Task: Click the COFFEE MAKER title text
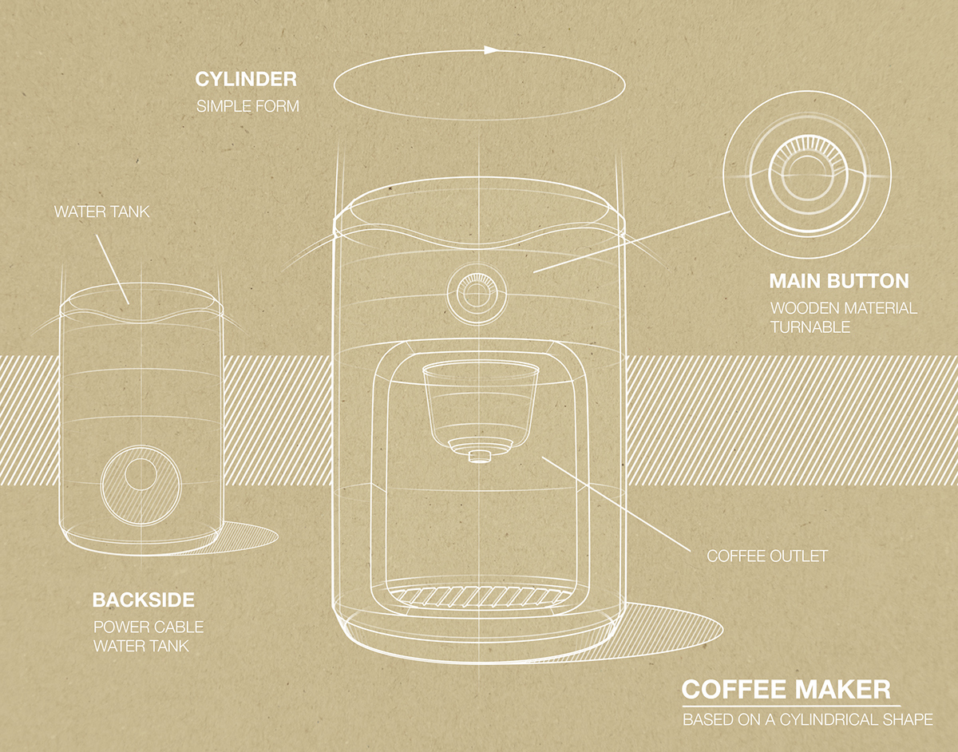786,690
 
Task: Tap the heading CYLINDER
246,80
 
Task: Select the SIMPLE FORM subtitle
247,105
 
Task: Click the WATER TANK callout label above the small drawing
102,212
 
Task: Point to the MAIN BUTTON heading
839,282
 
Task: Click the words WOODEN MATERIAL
843,308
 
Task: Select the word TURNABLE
810,327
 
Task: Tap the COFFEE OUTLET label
767,556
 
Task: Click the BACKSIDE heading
144,600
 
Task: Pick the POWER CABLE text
148,627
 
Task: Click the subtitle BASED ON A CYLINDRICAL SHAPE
807,720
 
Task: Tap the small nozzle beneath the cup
477,456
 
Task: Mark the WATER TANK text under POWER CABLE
141,646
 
